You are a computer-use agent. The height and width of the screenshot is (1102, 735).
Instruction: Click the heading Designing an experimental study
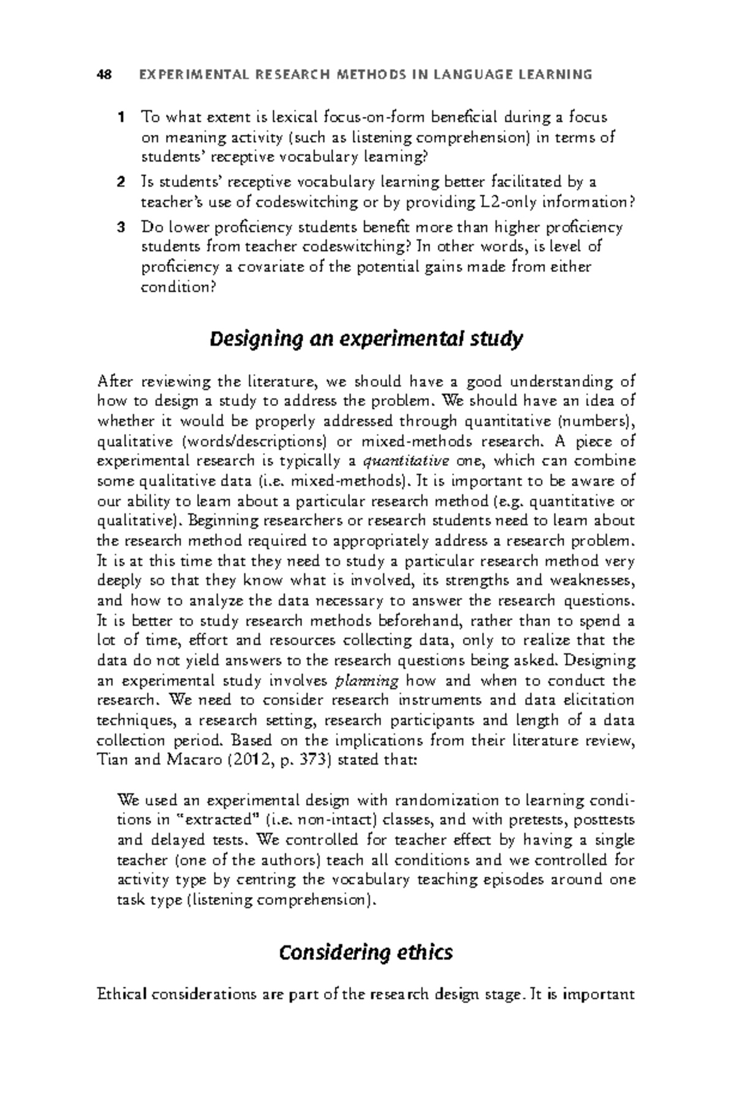coord(366,339)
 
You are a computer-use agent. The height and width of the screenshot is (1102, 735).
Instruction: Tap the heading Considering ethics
coord(366,953)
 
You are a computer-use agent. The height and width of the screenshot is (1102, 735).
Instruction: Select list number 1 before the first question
coord(121,117)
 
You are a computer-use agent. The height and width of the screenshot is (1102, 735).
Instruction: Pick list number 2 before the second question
coord(121,182)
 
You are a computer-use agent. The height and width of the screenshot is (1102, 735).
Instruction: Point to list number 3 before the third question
coord(121,228)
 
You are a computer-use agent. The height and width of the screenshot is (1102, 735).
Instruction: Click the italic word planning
coord(368,681)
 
